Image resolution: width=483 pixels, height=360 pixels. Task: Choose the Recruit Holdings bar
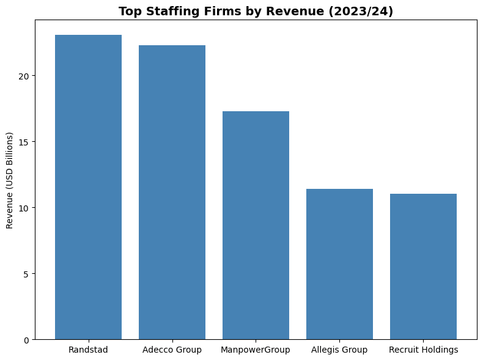point(423,266)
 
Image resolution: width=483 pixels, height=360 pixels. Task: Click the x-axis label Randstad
point(88,350)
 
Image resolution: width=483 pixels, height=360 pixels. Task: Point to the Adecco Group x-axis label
point(172,350)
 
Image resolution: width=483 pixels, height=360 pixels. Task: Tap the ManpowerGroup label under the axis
point(256,350)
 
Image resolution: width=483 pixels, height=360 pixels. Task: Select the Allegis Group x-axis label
point(339,350)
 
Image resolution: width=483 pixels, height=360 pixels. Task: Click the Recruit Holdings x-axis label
point(423,350)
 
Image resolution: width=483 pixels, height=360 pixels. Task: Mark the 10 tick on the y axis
point(23,208)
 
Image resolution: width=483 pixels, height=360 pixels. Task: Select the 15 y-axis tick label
point(23,142)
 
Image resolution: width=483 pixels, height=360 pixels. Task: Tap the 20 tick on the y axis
point(23,76)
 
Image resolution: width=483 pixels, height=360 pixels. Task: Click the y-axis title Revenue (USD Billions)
point(10,180)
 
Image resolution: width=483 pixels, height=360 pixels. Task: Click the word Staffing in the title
point(166,11)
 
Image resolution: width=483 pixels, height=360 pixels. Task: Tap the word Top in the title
point(129,11)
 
